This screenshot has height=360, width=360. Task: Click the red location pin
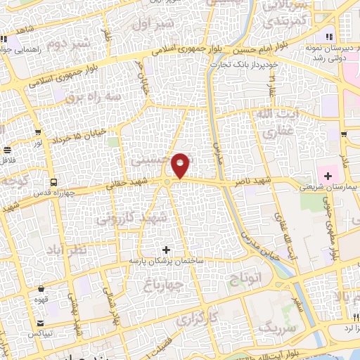pos(181,165)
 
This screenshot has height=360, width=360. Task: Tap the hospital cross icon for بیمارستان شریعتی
pos(328,174)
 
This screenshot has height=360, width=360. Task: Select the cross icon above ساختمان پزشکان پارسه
pos(166,249)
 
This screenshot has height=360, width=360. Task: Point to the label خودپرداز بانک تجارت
pos(243,64)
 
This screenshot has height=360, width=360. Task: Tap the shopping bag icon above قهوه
pos(41,288)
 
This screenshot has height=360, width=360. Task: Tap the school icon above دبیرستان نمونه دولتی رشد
pos(328,36)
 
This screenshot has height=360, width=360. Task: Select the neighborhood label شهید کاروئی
pos(133,219)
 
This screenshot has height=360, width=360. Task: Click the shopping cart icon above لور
pos(7,150)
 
